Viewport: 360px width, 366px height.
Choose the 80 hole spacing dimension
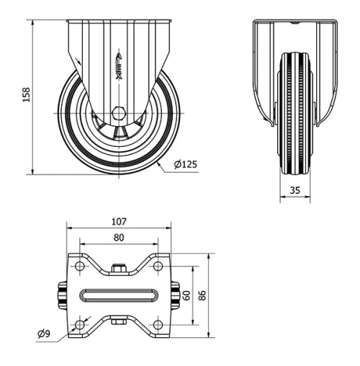[x=119, y=237]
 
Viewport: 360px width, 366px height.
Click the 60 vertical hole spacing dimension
[x=187, y=296]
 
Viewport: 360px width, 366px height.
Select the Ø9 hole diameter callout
[x=45, y=334]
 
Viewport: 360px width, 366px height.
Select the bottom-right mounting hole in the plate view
[x=159, y=326]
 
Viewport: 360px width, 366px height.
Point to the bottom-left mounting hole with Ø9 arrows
[x=79, y=326]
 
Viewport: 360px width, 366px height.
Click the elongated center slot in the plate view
[x=119, y=296]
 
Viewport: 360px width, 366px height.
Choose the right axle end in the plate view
[x=175, y=296]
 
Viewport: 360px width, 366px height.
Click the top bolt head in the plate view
[x=120, y=269]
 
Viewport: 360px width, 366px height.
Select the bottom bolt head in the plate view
[x=120, y=322]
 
